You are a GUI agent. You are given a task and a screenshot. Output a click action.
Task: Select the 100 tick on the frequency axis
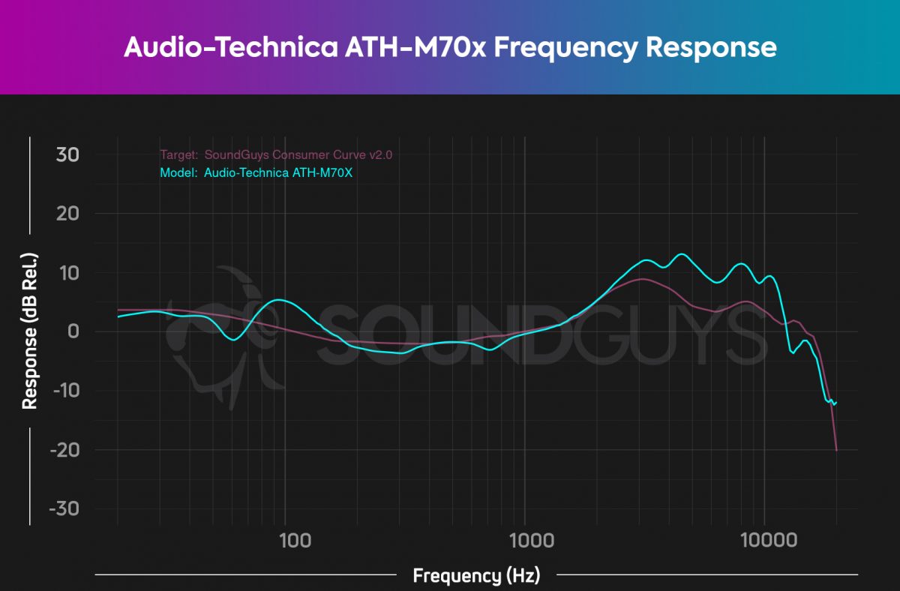click(285, 540)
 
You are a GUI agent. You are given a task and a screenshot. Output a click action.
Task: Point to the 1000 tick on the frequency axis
click(524, 540)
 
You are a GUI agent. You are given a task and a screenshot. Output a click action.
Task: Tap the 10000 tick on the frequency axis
click(763, 540)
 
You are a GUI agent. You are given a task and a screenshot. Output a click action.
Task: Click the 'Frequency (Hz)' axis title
click(476, 576)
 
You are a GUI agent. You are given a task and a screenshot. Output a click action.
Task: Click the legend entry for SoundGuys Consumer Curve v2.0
click(276, 155)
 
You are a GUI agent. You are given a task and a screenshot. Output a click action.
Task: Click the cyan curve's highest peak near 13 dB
click(681, 254)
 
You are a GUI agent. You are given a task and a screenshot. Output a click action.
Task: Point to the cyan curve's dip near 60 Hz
click(234, 340)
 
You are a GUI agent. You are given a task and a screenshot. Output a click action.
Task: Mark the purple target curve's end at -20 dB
click(836, 450)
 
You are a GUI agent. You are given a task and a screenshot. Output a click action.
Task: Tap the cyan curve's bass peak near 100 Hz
click(278, 300)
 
